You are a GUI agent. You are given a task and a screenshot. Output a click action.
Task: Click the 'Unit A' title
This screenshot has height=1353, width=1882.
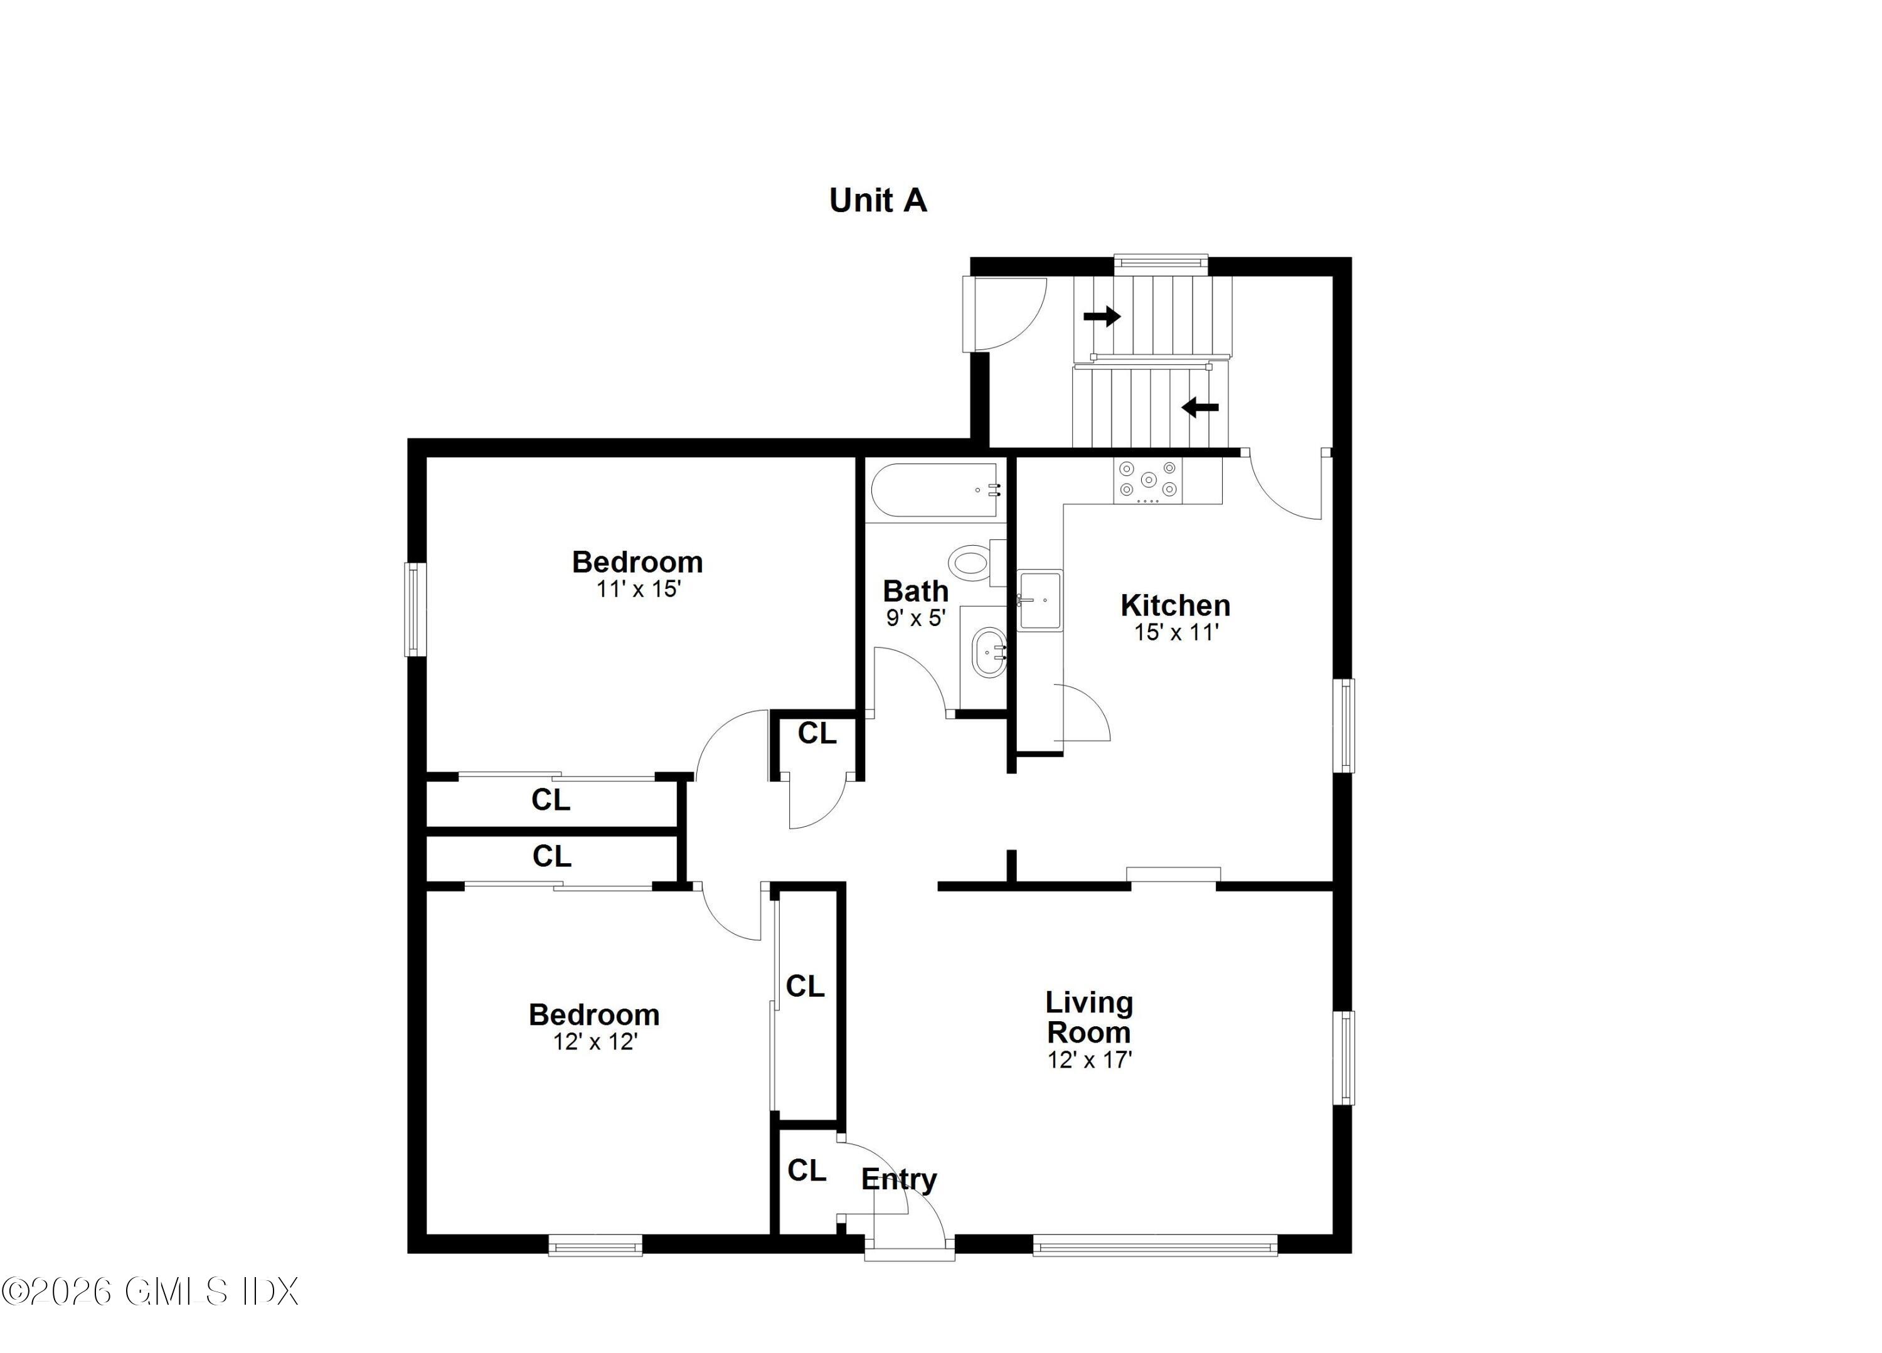pos(878,201)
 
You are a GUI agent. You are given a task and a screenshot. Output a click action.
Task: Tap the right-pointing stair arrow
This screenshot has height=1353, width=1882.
pos(1102,316)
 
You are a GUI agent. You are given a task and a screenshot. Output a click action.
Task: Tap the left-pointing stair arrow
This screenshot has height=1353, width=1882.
pos(1200,407)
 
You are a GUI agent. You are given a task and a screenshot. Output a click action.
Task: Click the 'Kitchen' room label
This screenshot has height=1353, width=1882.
pos(1175,605)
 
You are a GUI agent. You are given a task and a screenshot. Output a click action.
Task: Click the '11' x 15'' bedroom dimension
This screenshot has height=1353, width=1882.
pos(638,589)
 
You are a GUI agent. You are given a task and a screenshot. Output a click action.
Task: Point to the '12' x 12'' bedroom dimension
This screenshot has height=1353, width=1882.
pos(594,1042)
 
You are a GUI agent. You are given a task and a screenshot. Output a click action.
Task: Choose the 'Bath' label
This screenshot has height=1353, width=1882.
pos(915,591)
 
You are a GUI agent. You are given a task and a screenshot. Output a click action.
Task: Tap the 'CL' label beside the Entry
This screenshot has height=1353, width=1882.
pos(807,1170)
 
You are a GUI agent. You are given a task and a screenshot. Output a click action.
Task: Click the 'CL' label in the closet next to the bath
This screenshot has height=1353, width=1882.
pos(817,733)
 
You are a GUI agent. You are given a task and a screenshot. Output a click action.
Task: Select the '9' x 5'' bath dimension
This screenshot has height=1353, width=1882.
pos(915,618)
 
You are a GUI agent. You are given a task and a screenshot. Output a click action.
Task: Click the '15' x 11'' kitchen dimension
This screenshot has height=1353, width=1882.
pos(1176,632)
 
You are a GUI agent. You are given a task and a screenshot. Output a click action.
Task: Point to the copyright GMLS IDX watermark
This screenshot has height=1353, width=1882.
pos(149,1292)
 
